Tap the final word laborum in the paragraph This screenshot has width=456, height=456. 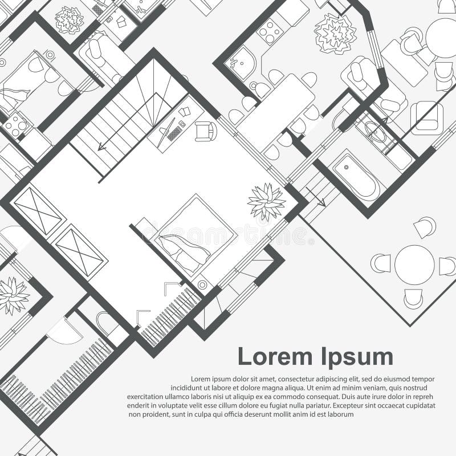tap(340, 414)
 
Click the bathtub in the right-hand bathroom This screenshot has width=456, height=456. tap(356, 175)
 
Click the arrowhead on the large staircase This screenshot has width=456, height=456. tap(101, 147)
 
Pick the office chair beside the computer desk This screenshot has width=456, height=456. tap(206, 131)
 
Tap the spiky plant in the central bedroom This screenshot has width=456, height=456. tap(266, 201)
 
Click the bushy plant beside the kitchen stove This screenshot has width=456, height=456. tap(335, 32)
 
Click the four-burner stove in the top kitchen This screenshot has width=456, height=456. tap(269, 31)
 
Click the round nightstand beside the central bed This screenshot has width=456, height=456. tap(202, 284)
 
